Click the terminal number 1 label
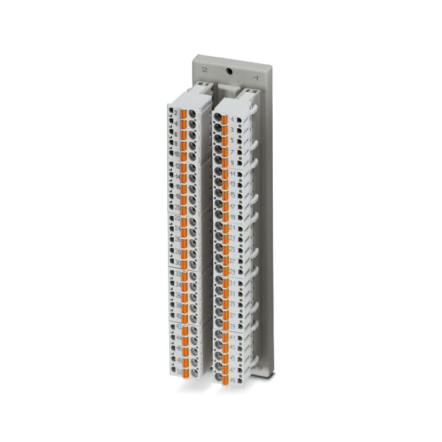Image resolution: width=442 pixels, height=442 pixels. pos(232,120)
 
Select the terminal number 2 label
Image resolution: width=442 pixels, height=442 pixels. pos(175,113)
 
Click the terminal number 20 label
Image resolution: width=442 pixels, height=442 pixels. pos(177,208)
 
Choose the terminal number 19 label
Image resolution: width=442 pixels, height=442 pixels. pos(232,217)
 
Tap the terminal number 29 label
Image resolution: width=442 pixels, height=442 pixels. pos(232,271)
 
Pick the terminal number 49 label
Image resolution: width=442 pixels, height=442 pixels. pos(232,379)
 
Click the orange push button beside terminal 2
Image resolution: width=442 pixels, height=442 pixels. pos(184,114)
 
